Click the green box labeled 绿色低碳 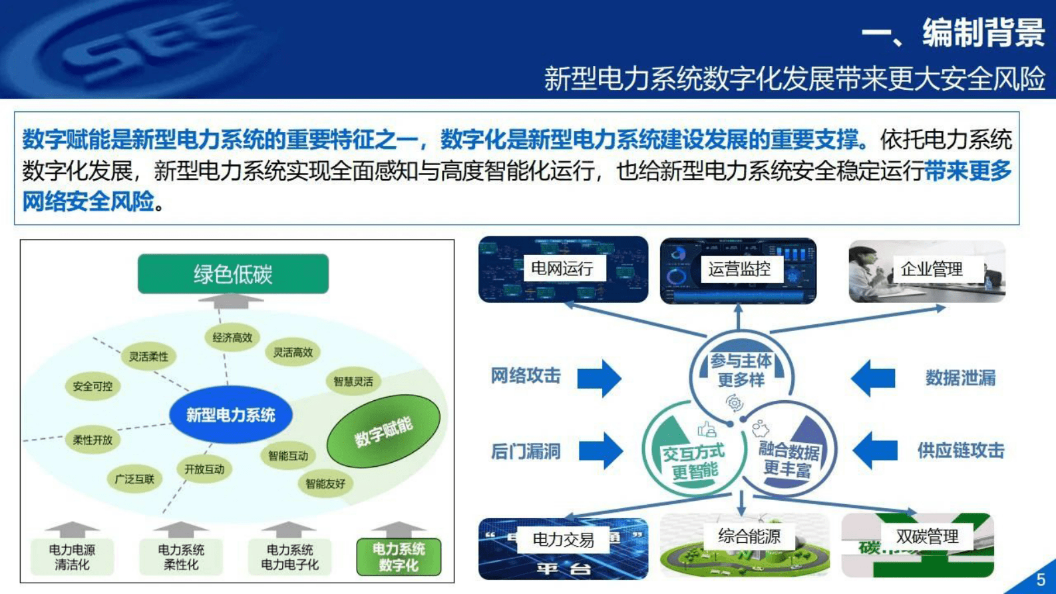233,274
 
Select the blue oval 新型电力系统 230,415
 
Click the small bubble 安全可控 92,386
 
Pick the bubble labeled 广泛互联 134,479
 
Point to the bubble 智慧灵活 353,382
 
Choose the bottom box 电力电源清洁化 72,557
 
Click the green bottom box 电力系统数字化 399,557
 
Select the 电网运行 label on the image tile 562,268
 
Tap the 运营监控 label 739,269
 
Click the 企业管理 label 932,269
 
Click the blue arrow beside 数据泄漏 873,378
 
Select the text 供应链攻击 960,451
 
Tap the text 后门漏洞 526,451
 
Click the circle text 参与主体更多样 741,370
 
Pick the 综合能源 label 749,536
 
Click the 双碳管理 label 927,536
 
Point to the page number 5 1041,579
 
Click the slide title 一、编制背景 953,32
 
